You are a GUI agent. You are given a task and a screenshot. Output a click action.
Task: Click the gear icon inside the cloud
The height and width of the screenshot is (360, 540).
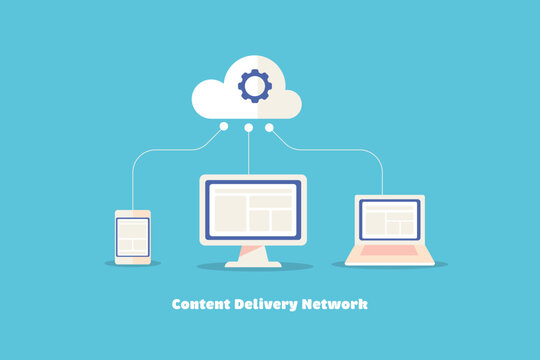click(x=254, y=86)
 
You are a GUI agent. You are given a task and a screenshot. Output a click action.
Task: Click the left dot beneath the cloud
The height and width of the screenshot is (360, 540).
click(x=224, y=127)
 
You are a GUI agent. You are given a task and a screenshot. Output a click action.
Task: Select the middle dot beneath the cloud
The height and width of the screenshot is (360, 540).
click(x=248, y=127)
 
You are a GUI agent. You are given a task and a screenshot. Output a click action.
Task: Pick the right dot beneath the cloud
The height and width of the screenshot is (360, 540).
click(x=269, y=127)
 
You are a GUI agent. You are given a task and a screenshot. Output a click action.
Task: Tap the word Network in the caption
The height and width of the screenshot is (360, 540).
click(x=333, y=304)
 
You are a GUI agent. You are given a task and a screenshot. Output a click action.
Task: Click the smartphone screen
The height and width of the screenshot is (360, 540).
click(x=133, y=236)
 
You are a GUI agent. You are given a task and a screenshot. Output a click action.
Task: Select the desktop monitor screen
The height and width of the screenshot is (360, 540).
click(x=253, y=210)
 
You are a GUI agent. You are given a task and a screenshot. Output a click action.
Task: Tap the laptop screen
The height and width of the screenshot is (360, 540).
click(x=389, y=219)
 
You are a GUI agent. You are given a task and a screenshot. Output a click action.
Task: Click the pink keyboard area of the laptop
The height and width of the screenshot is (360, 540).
click(x=389, y=250)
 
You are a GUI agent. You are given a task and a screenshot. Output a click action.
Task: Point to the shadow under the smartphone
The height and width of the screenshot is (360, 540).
click(x=133, y=264)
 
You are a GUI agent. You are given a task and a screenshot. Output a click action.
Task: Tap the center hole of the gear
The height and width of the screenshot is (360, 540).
click(x=254, y=86)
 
